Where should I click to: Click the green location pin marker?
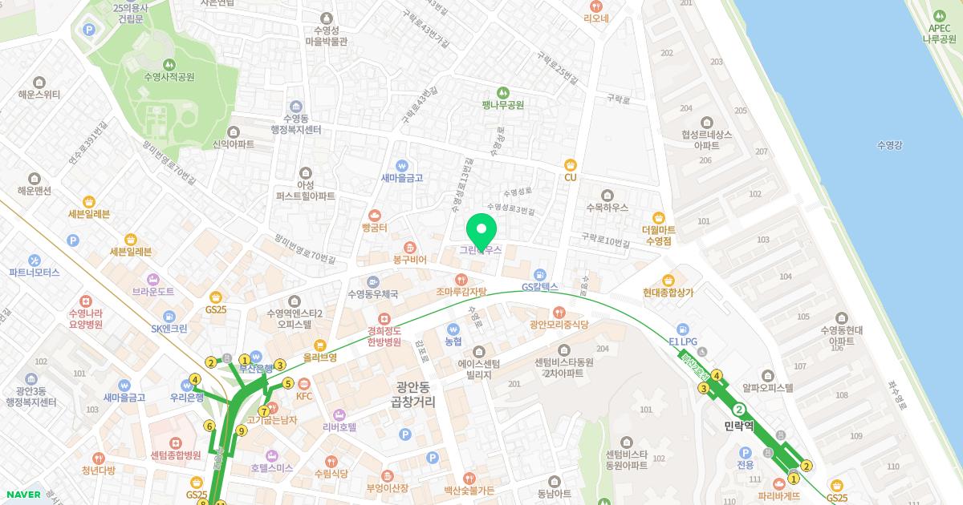(x=481, y=231)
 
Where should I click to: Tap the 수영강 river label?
(x=890, y=145)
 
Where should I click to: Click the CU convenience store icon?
(x=571, y=164)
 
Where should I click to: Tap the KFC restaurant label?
(x=303, y=396)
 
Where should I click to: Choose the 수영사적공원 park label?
(x=169, y=77)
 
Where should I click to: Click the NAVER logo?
(x=23, y=495)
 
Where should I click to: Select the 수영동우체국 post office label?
(x=372, y=294)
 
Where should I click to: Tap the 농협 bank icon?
(x=453, y=328)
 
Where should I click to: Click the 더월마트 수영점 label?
(x=657, y=234)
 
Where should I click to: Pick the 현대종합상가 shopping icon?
(x=668, y=280)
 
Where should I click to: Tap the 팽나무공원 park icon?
(x=503, y=92)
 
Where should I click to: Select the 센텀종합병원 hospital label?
(x=175, y=454)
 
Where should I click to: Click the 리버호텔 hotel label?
(x=339, y=427)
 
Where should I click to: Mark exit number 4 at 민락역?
(x=717, y=374)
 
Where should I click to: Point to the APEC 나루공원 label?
(x=939, y=33)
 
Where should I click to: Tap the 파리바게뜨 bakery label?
(x=778, y=495)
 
